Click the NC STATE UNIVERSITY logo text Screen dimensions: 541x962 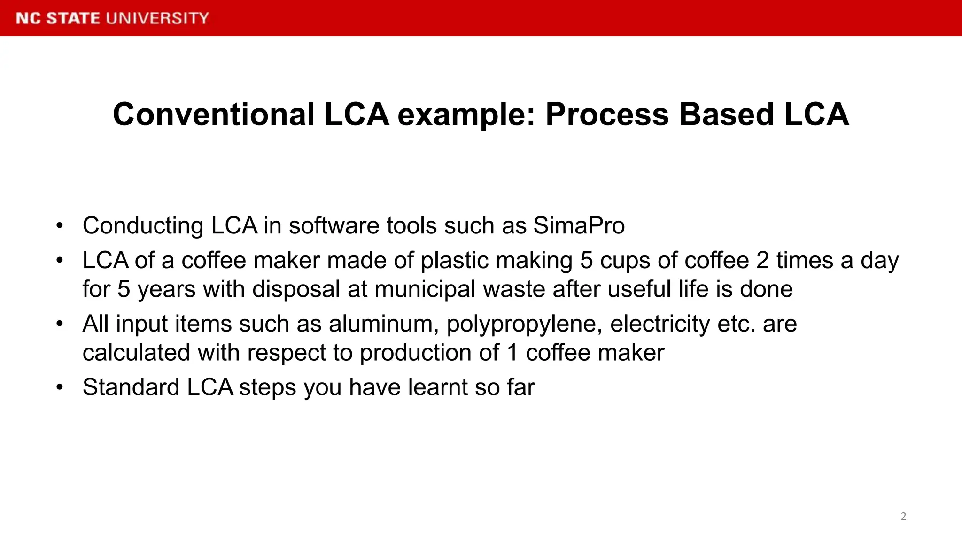tap(112, 18)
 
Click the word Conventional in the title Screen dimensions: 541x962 tap(214, 115)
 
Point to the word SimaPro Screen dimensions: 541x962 tap(579, 226)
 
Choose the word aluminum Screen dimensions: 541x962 tap(384, 324)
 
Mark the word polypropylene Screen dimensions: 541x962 tap(524, 325)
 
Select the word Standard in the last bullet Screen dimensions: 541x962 tap(131, 387)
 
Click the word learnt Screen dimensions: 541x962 tap(437, 387)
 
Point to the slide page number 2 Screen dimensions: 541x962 tap(903, 517)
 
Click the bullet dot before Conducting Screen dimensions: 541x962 tap(59, 226)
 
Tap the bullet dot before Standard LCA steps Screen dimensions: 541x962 tap(59, 388)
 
